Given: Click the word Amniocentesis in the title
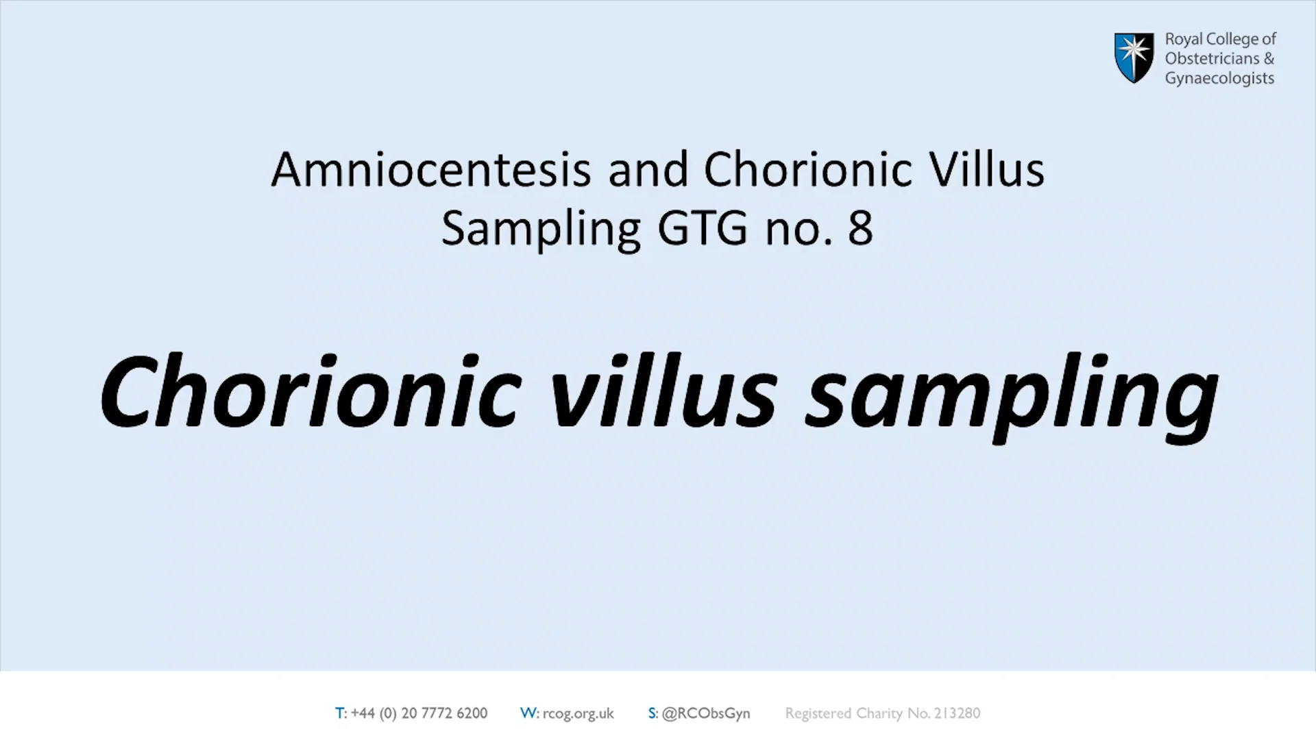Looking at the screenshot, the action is point(431,169).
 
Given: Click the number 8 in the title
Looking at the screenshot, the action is point(860,228).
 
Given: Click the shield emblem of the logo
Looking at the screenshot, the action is point(1134,58).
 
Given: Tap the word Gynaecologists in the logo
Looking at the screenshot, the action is point(1219,79).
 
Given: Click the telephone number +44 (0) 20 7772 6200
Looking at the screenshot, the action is point(419,713).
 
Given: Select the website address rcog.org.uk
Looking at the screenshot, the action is point(578,714).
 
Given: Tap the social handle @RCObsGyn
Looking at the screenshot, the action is point(706,714).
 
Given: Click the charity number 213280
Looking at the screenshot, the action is point(957,713).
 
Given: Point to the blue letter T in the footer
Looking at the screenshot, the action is point(340,713).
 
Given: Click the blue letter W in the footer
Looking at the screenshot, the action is point(528,713).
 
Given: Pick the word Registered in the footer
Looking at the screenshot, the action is point(818,714).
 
